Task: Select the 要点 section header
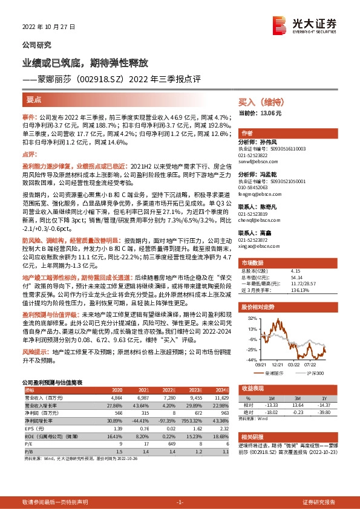[34, 100]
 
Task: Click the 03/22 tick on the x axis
[294, 364]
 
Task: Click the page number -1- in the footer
[180, 502]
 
